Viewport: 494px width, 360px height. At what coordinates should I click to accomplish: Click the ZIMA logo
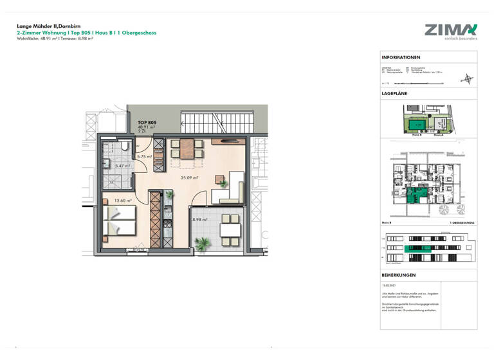pos(450,30)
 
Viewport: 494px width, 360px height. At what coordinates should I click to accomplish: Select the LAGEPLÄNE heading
pos(395,94)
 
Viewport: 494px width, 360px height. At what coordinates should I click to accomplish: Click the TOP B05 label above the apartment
pos(147,122)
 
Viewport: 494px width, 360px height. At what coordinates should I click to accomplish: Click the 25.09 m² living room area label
pos(189,178)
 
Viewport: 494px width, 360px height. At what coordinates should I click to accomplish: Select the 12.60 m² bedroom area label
pos(123,200)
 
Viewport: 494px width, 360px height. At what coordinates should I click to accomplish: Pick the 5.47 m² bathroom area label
pos(122,166)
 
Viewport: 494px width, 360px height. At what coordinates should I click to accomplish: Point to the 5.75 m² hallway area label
pos(144,156)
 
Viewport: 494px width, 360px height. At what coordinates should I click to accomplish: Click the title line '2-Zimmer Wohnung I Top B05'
pos(86,33)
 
